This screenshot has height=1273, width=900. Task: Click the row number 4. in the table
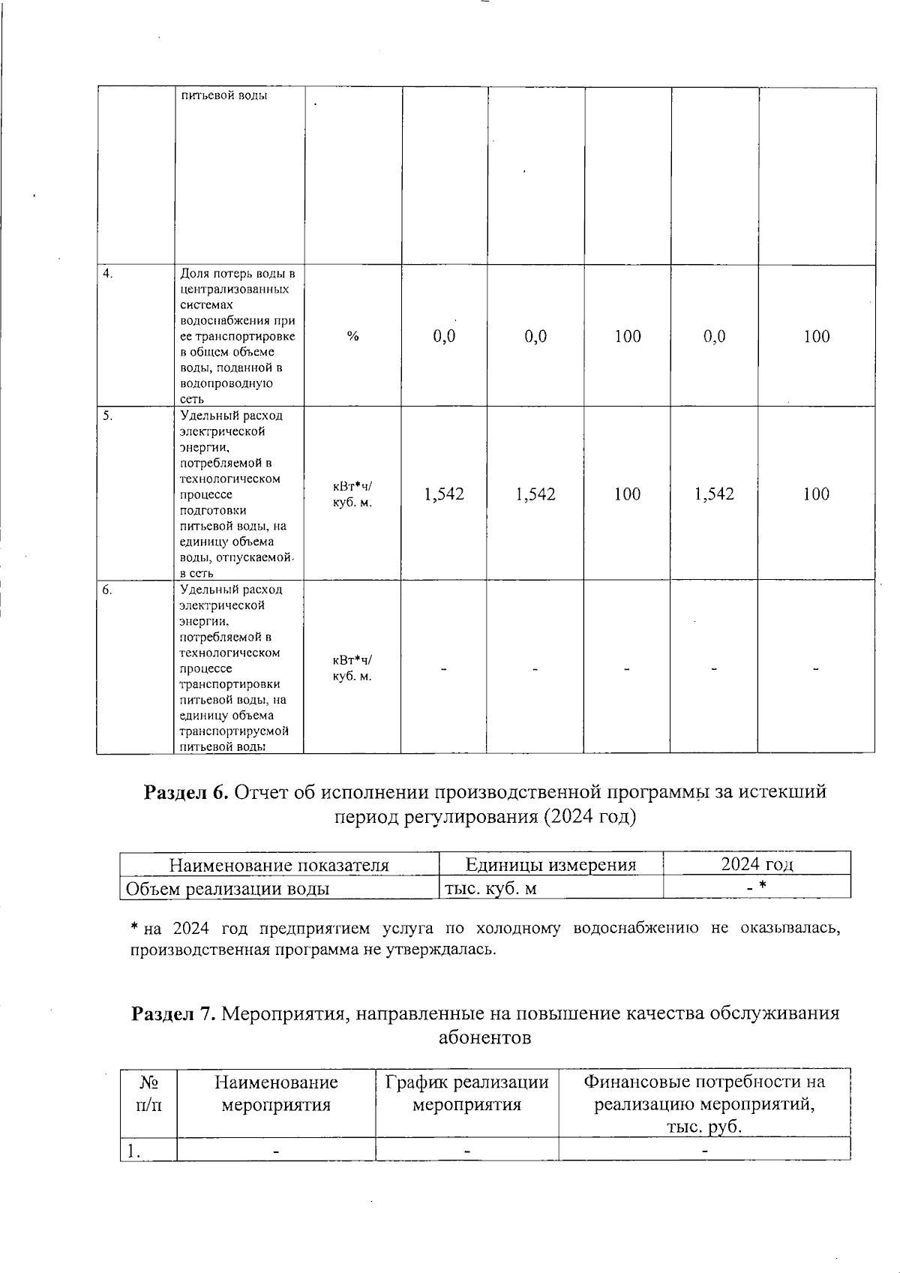108,274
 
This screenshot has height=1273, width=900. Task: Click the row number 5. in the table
108,416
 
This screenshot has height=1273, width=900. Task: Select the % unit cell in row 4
352,337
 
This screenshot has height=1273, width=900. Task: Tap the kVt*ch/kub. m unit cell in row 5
352,494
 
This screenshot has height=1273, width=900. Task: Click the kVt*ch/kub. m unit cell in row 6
352,668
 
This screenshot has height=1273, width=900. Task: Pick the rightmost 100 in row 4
816,337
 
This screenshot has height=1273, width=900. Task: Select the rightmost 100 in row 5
816,494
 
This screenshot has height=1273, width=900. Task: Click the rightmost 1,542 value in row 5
714,494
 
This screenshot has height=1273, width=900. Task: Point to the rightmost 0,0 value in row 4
714,337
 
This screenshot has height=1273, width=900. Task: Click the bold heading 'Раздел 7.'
174,1014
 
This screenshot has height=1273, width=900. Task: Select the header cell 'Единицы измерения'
550,865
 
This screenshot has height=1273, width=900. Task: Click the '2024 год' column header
757,864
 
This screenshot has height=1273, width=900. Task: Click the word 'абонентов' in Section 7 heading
484,1038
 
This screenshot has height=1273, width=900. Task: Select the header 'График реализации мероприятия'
466,1093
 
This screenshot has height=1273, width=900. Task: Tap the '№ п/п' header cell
148,1093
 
